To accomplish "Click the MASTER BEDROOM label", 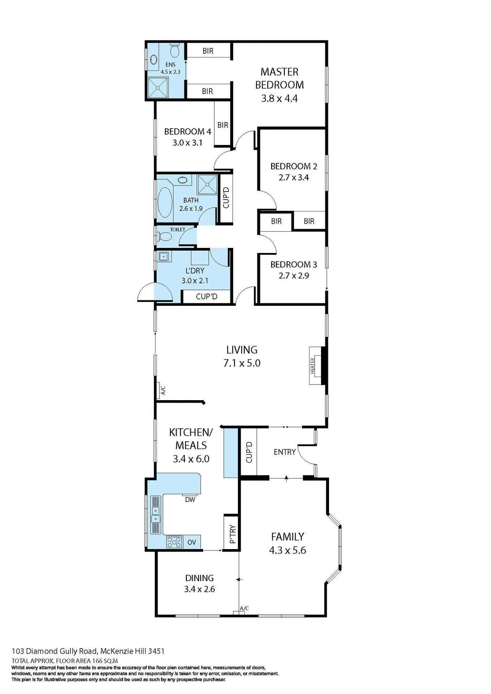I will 279,78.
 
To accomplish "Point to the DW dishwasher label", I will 190,500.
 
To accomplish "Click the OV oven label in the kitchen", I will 192,542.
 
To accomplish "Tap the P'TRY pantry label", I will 232,534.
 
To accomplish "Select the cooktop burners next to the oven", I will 174,542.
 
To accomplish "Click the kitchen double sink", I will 155,515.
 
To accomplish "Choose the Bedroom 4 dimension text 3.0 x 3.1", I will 187,143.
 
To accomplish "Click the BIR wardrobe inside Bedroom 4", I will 223,125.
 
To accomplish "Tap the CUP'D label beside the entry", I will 249,452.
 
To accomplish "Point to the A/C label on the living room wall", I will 163,390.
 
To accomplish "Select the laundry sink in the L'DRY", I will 163,257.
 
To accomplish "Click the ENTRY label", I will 285,452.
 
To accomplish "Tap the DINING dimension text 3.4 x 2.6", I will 199,589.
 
